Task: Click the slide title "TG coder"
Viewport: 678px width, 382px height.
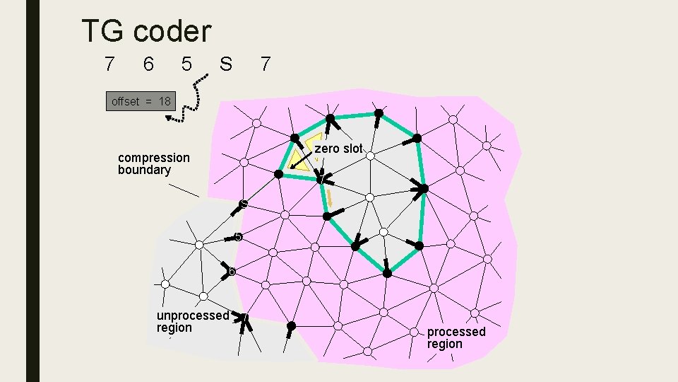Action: (146, 31)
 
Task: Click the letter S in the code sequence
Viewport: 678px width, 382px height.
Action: (225, 64)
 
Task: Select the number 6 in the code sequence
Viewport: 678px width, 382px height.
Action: (147, 64)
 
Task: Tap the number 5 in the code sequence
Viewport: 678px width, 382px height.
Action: (186, 64)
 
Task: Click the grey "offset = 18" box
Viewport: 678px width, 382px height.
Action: (141, 101)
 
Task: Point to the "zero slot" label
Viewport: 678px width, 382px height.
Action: (338, 149)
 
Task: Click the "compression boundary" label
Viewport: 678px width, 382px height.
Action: (153, 163)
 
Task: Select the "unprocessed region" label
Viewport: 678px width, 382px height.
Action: (192, 321)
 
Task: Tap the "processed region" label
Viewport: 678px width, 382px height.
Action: (456, 337)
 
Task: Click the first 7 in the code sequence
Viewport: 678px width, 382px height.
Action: (108, 64)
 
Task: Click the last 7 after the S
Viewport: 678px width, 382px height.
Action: (264, 64)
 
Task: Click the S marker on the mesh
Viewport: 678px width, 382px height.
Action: (243, 204)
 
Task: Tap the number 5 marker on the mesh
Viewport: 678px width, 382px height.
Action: (238, 237)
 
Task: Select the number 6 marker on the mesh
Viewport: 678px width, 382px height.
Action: (231, 271)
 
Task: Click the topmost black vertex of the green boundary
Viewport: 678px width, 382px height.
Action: (379, 112)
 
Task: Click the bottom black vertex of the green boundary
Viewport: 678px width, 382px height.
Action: (387, 272)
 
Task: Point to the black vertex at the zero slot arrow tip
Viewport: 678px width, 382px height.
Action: (279, 174)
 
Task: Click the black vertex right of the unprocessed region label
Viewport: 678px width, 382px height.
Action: (291, 326)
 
